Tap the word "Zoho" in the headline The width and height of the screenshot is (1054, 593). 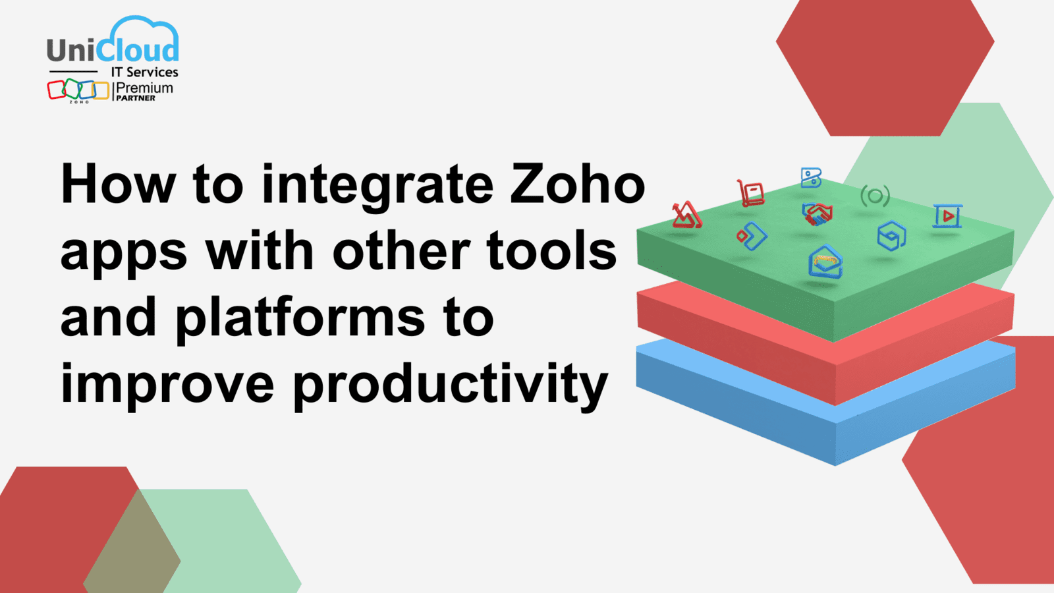tap(578, 184)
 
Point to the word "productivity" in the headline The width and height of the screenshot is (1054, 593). tap(451, 386)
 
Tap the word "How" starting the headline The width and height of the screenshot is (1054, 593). tap(119, 184)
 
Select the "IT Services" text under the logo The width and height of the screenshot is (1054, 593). tap(144, 72)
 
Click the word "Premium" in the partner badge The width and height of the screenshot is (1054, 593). tap(144, 88)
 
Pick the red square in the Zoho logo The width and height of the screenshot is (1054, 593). tap(56, 90)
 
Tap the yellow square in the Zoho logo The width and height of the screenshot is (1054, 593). tap(101, 91)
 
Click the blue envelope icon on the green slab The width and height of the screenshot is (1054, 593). tap(825, 261)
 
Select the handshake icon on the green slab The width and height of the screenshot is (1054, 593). tap(818, 213)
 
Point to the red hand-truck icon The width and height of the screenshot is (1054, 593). tap(750, 193)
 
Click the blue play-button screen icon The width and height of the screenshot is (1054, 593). tap(948, 216)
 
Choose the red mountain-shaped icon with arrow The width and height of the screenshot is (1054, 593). tap(687, 215)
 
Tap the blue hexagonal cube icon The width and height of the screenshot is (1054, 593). tap(892, 235)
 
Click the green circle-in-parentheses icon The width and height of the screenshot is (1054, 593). tap(875, 196)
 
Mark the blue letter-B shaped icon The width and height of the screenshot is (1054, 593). tap(811, 178)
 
